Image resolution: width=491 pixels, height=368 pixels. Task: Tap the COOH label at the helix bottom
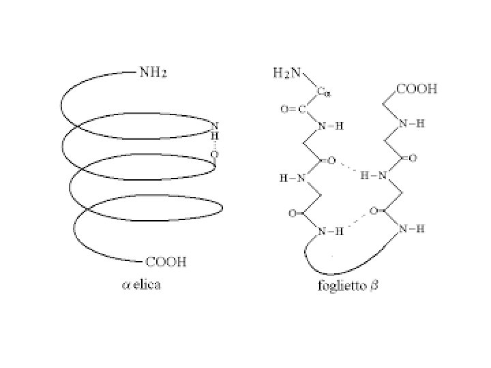[167, 262]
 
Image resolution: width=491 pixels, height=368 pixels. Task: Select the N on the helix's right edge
[215, 127]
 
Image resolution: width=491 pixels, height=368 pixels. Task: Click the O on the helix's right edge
[214, 155]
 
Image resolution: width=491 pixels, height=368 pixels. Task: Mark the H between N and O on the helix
[214, 136]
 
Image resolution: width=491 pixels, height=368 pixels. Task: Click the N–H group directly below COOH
[411, 124]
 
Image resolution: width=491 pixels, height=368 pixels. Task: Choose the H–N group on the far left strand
[292, 179]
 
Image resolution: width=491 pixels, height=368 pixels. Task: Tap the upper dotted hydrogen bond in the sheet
[348, 169]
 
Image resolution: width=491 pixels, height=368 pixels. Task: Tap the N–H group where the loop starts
[330, 232]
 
